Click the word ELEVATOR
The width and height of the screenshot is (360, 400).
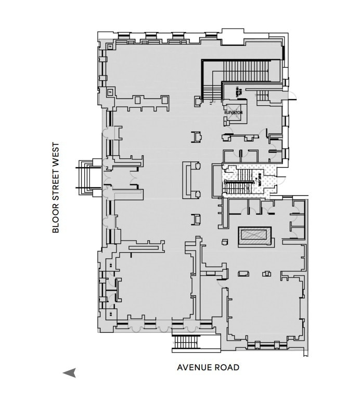(234, 113)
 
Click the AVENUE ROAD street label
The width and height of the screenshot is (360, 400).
(208, 367)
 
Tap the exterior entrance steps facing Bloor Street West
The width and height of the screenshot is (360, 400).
(85, 177)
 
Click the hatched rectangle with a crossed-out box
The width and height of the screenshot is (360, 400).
(254, 236)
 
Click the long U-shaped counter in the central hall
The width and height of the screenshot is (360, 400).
(191, 180)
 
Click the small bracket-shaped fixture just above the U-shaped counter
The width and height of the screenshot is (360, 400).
(198, 137)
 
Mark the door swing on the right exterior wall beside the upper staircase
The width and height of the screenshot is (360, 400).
(292, 96)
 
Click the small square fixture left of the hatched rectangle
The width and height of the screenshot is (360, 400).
(224, 241)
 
